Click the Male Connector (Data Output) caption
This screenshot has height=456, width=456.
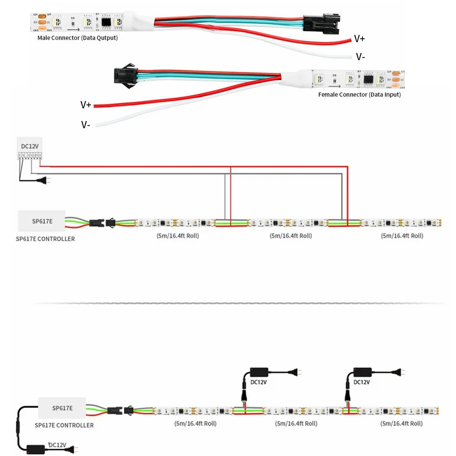[x=77, y=38]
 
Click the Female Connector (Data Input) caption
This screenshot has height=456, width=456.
[x=359, y=94]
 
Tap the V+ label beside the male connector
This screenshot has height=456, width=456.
[x=359, y=39]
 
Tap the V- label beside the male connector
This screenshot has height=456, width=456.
[x=360, y=57]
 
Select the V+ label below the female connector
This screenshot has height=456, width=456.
[x=86, y=105]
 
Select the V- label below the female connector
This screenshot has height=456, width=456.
[x=86, y=124]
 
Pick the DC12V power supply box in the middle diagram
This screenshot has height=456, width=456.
[x=30, y=150]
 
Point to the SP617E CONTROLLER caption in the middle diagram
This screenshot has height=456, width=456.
[x=45, y=238]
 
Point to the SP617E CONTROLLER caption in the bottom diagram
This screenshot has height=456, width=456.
[x=64, y=425]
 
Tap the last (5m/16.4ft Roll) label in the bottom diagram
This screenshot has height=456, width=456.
[x=401, y=423]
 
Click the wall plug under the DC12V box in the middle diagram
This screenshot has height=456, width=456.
[x=45, y=181]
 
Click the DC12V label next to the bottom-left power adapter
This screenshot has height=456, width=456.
[x=57, y=445]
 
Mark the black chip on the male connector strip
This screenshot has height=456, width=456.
[x=106, y=21]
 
